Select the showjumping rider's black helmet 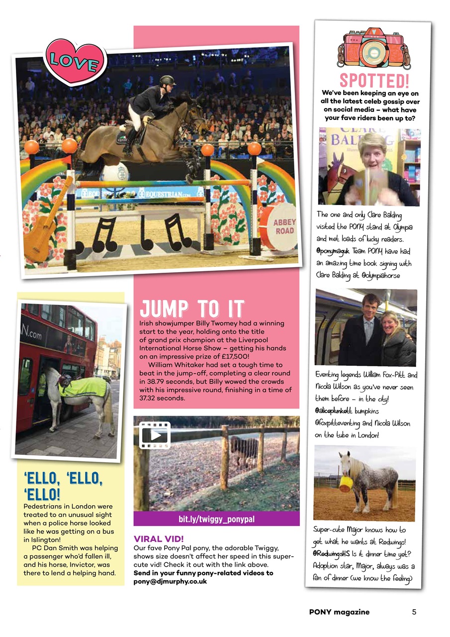click(168, 81)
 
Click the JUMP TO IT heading click(192, 309)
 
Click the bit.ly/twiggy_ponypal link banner click(216, 519)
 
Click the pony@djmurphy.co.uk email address click(170, 581)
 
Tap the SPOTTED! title click(373, 80)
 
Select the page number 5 click(414, 612)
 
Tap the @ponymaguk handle click(334, 252)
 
